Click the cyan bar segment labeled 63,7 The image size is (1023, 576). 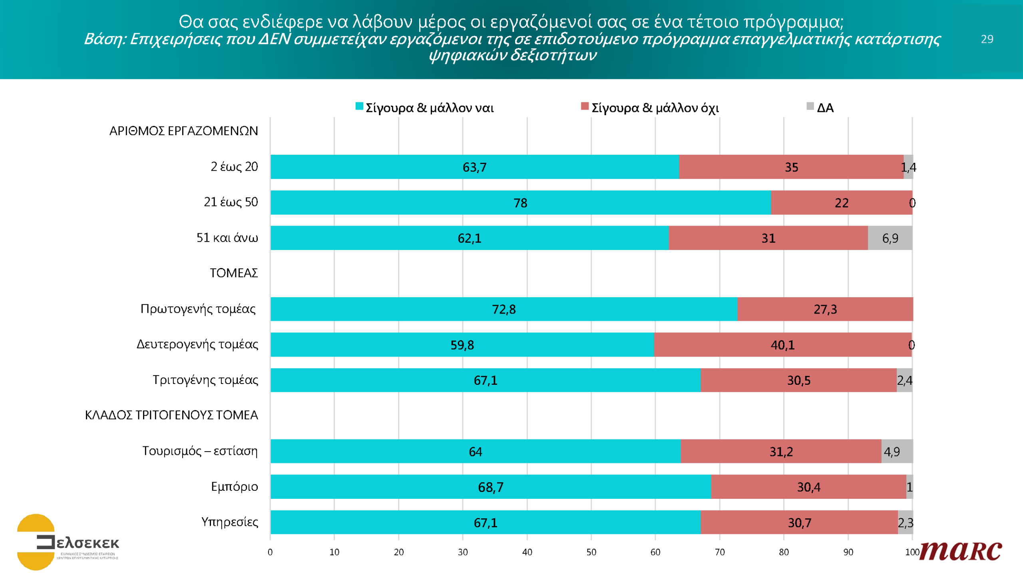[x=474, y=167]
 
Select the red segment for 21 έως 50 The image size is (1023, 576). [x=841, y=202]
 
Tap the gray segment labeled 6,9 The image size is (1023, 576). [x=890, y=238]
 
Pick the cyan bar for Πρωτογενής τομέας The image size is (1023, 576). [x=504, y=309]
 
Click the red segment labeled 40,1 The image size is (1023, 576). [x=782, y=344]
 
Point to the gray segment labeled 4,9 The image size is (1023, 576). [x=897, y=451]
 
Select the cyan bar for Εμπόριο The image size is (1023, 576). [x=490, y=487]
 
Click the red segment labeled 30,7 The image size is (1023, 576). [x=799, y=522]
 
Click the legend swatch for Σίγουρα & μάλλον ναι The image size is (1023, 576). [x=359, y=106]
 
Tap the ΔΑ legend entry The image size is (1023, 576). [x=825, y=108]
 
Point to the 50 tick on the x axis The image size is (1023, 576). [x=591, y=552]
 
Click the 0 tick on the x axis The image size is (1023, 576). [x=270, y=552]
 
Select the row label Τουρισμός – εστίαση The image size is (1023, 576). [x=200, y=451]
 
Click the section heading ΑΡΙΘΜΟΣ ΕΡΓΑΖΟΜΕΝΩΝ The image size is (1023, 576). [x=183, y=131]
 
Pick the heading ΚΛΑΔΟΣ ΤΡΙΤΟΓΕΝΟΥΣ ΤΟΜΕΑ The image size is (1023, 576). [x=171, y=415]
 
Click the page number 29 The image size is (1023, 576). [x=987, y=39]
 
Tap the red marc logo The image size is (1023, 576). [x=960, y=551]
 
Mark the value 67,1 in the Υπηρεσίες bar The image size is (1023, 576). [x=485, y=522]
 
